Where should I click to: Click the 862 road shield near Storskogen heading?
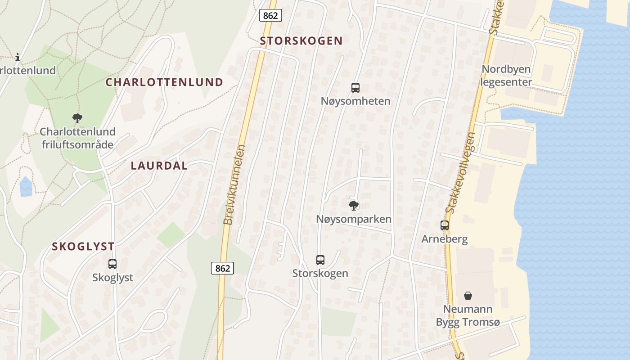click(270, 15)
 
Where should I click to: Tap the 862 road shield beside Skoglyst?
click(222, 268)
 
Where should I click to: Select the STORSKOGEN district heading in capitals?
click(301, 41)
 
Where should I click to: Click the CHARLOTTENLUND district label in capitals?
click(164, 82)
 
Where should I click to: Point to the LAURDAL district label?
click(159, 166)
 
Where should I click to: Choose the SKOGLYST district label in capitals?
click(83, 247)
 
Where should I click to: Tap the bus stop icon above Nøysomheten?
click(355, 87)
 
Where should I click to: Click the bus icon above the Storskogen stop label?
click(320, 260)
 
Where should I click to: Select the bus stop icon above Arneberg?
click(445, 225)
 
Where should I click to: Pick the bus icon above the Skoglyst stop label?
click(112, 264)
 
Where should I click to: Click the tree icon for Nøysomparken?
click(354, 206)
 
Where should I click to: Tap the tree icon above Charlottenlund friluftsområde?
click(77, 118)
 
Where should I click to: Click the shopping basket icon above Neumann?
click(468, 296)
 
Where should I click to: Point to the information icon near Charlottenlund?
click(18, 57)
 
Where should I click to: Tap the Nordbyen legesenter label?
click(506, 76)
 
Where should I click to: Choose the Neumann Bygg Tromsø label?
click(468, 316)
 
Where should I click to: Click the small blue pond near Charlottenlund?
click(26, 187)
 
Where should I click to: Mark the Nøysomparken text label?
click(354, 219)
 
